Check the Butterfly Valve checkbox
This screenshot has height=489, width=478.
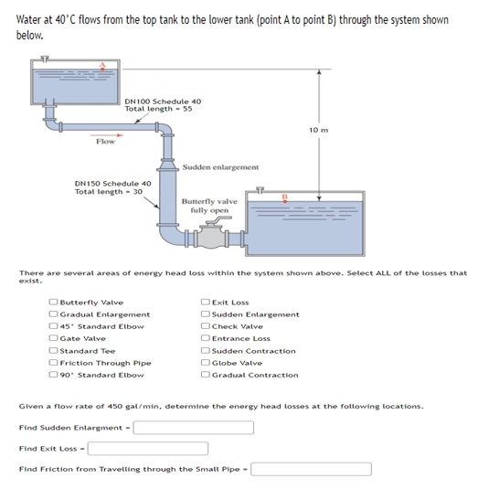coord(54,302)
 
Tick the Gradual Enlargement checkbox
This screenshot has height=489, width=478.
coord(54,314)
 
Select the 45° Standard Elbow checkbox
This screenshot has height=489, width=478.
coord(54,326)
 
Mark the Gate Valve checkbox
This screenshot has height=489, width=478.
coord(54,338)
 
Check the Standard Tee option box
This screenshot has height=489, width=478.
coord(54,350)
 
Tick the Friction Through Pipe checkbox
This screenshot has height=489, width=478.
coord(54,363)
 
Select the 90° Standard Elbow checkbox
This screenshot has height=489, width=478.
coord(54,375)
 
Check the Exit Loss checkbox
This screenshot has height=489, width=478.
coord(206,302)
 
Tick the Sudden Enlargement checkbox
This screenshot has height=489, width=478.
coord(206,314)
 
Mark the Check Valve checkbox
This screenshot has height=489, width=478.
coord(206,326)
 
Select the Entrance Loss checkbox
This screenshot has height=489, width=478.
coord(206,338)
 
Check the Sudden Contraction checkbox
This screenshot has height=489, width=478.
coord(206,350)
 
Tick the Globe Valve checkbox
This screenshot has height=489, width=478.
coord(206,363)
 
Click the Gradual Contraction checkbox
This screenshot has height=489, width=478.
coord(206,375)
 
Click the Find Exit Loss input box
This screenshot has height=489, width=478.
coord(147,448)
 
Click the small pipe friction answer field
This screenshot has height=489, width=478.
coord(311,469)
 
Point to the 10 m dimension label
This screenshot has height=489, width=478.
coord(319,130)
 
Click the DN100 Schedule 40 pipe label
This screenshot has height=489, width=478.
coord(163,101)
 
